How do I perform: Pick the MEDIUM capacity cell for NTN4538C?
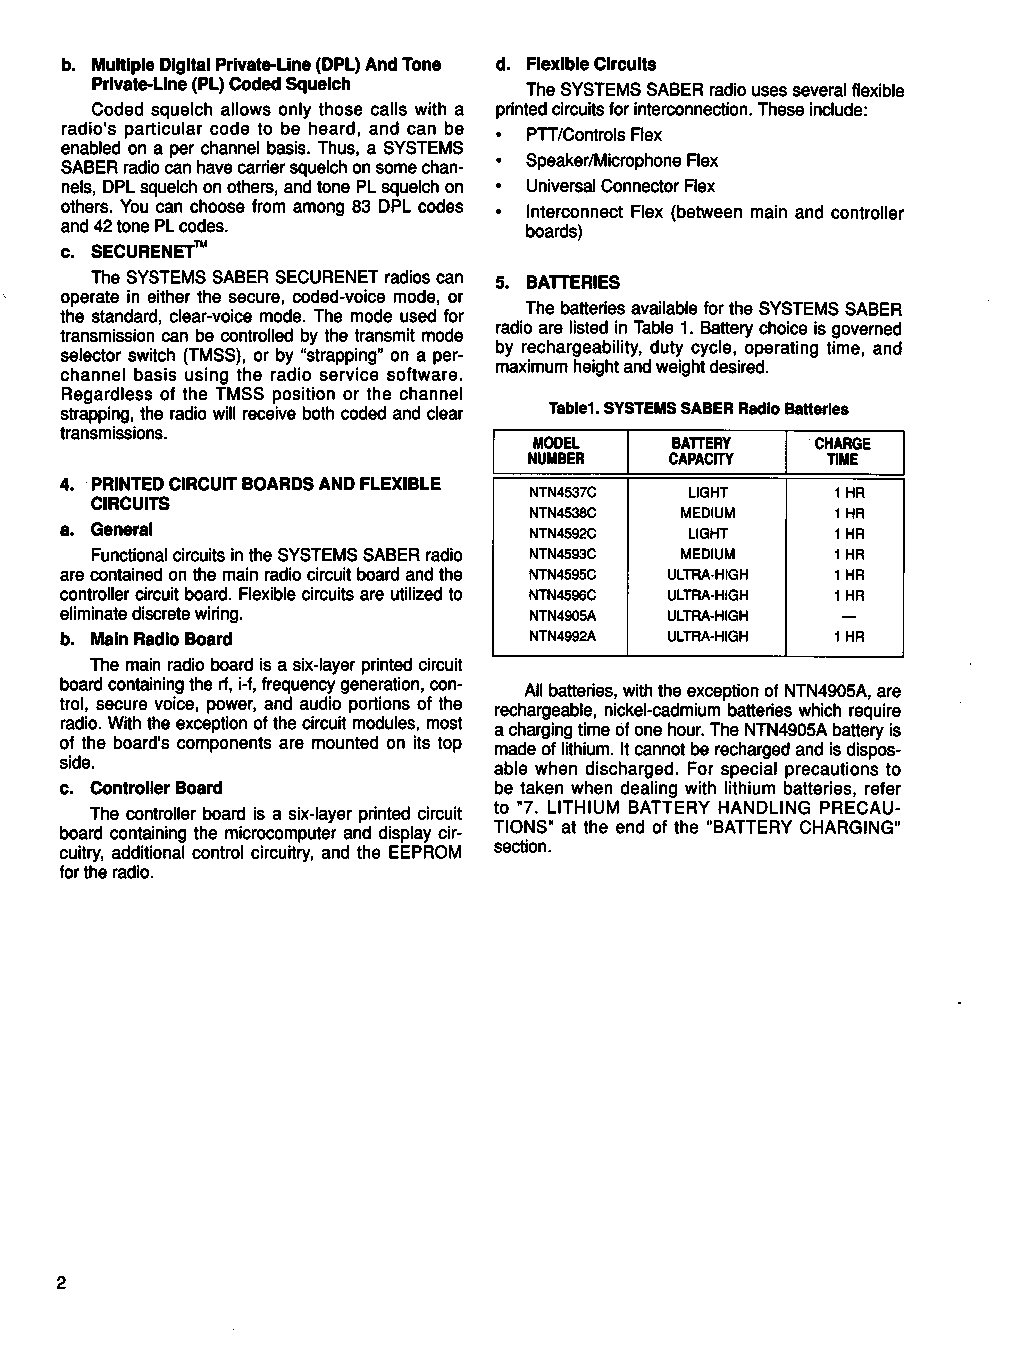pos(707,513)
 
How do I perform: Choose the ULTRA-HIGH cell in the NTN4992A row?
pos(707,636)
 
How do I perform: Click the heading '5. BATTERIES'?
pos(558,283)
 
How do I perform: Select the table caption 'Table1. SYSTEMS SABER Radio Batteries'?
pos(698,409)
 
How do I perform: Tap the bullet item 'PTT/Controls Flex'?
pos(593,135)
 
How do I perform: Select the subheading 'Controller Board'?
pos(156,788)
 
